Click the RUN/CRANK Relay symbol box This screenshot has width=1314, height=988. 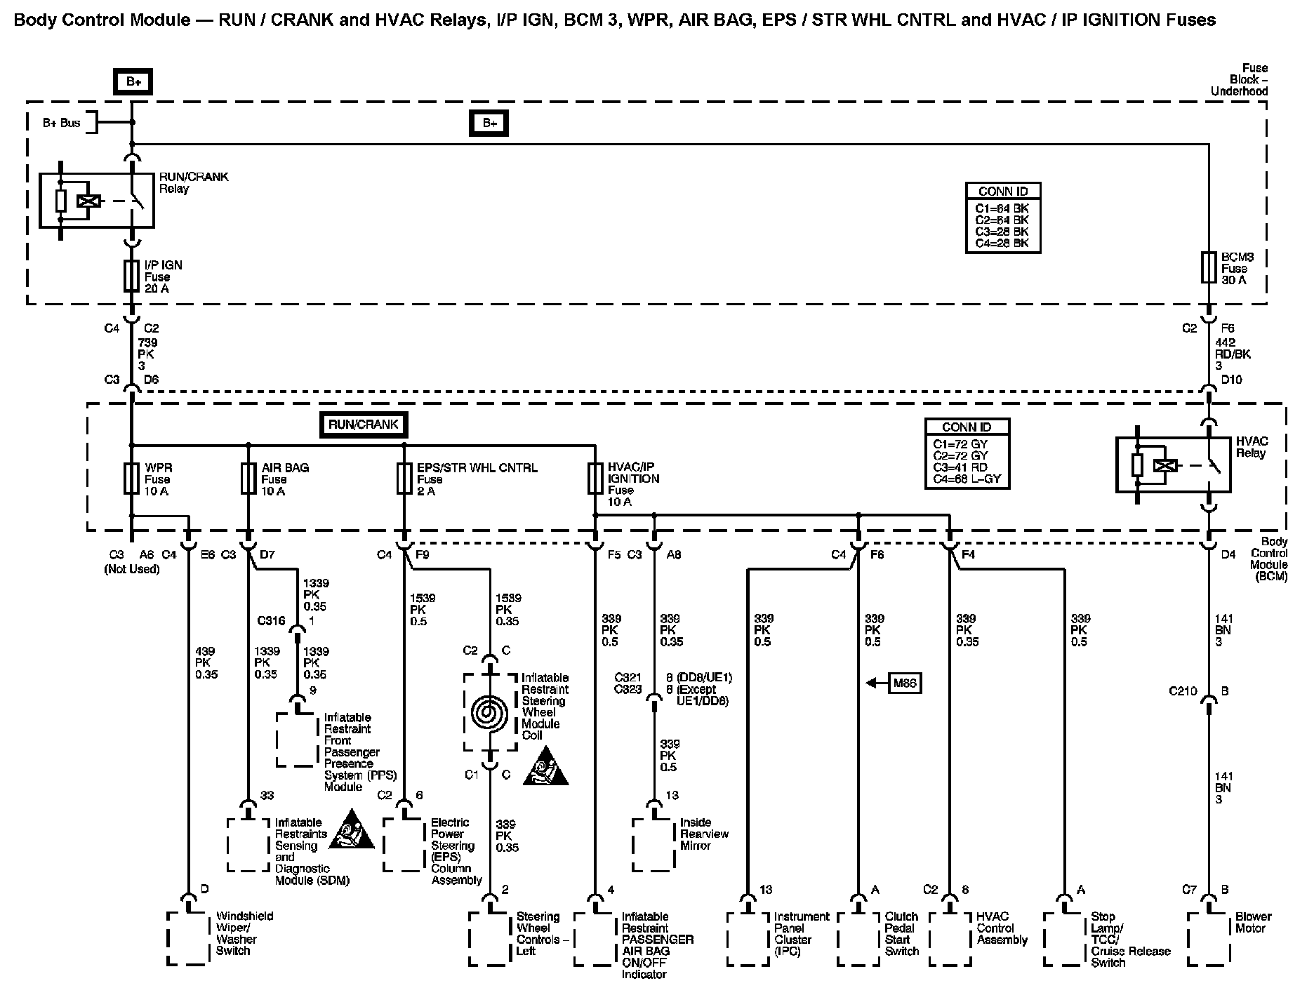pyautogui.click(x=97, y=201)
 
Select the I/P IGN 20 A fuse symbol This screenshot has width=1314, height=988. pyautogui.click(x=131, y=276)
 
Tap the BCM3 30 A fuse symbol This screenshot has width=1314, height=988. pyautogui.click(x=1208, y=267)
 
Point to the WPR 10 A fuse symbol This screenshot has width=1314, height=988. pyautogui.click(x=131, y=479)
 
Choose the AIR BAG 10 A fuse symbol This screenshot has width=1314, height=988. pyautogui.click(x=248, y=479)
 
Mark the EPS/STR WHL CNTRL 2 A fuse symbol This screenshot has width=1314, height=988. pyautogui.click(x=404, y=479)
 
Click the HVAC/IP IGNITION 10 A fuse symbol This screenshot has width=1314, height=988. pyautogui.click(x=595, y=479)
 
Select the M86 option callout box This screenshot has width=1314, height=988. pyautogui.click(x=905, y=683)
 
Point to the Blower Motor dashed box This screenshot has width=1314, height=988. pyautogui.click(x=1208, y=938)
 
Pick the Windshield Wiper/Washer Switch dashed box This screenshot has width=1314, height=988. pyautogui.click(x=188, y=938)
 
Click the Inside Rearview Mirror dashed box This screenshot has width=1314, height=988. pyautogui.click(x=653, y=845)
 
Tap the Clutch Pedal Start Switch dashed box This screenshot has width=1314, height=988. pyautogui.click(x=858, y=938)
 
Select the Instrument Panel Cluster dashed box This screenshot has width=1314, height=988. pyautogui.click(x=748, y=938)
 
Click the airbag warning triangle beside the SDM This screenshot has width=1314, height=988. pyautogui.click(x=351, y=829)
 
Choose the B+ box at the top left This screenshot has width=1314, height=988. pyautogui.click(x=133, y=82)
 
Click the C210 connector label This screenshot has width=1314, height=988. pyautogui.click(x=1183, y=691)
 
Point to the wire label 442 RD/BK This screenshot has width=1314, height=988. pyautogui.click(x=1233, y=354)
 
